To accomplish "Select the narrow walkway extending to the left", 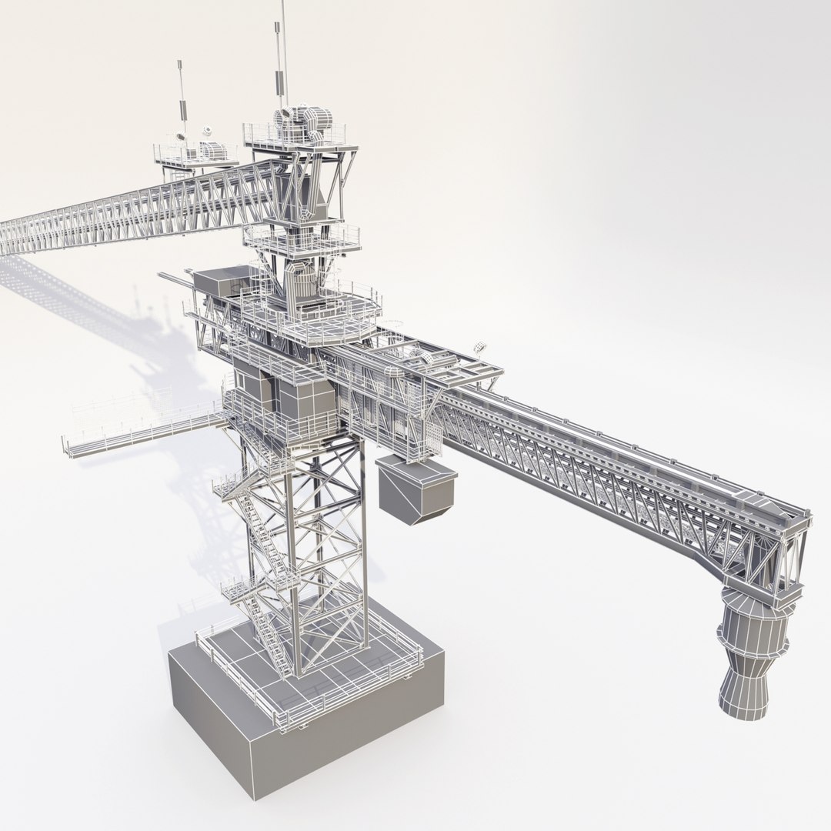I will coord(138,435).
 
